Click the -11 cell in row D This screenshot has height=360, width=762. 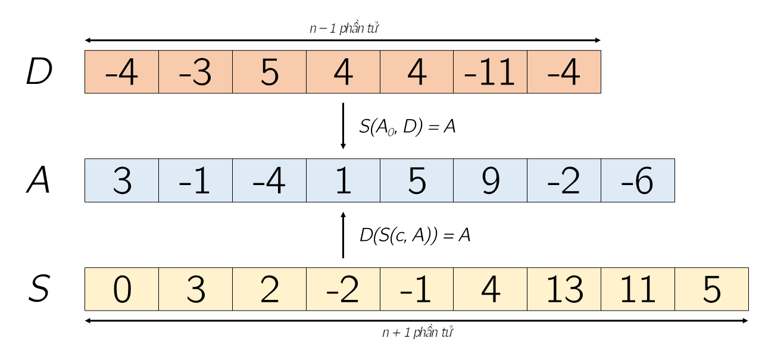point(490,72)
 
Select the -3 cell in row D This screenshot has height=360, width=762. point(196,72)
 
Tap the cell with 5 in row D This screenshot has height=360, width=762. point(270,72)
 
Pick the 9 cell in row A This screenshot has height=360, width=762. point(490,180)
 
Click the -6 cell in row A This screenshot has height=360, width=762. point(638,180)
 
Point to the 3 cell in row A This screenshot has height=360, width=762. point(122,180)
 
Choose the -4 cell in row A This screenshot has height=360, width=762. point(270,180)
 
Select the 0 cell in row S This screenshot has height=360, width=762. point(122,289)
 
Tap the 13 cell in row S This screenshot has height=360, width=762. point(564,289)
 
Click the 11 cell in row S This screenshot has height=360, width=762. point(638,289)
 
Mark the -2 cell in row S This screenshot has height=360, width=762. point(343,289)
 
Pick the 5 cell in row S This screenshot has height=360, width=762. point(711,289)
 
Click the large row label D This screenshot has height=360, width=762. point(39,71)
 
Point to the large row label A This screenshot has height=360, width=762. point(38,180)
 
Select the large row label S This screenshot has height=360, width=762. point(39,289)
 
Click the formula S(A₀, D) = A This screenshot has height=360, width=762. point(407,127)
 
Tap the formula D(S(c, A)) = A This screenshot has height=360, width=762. point(415,235)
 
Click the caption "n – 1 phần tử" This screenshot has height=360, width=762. point(344,28)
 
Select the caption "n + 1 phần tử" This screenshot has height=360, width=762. point(418,332)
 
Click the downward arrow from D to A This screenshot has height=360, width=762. point(343,126)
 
